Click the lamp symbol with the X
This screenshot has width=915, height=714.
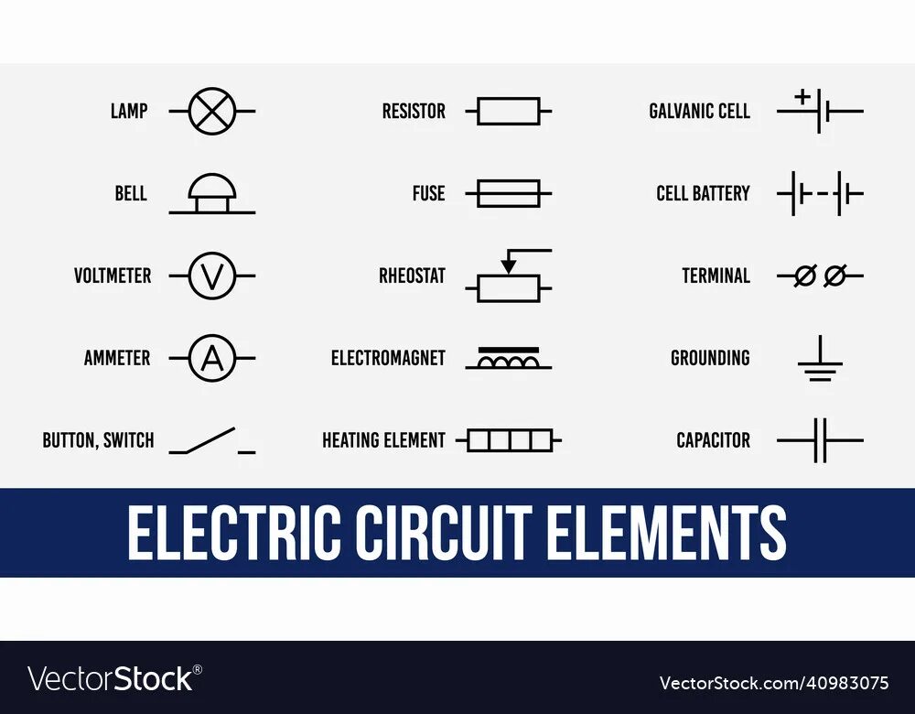pos(212,111)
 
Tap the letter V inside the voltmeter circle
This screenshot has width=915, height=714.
pos(212,276)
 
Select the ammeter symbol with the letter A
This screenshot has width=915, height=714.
pos(212,358)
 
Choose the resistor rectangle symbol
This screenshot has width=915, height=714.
pos(509,112)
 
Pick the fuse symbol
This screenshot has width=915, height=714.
pos(509,193)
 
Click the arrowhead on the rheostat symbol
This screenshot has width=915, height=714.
pos(509,265)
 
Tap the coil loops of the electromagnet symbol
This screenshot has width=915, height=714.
pos(509,362)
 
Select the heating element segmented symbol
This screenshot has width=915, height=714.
pos(509,440)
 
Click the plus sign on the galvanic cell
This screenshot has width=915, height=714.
pos(802,95)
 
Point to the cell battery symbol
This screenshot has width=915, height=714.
pos(820,193)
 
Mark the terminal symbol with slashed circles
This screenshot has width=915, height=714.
pos(820,276)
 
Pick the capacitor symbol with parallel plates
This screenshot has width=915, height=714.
pos(820,440)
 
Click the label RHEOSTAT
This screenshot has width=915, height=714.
pos(412,276)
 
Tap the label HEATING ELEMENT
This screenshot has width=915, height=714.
pos(383,440)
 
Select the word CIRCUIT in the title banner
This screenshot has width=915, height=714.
pos(444,533)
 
